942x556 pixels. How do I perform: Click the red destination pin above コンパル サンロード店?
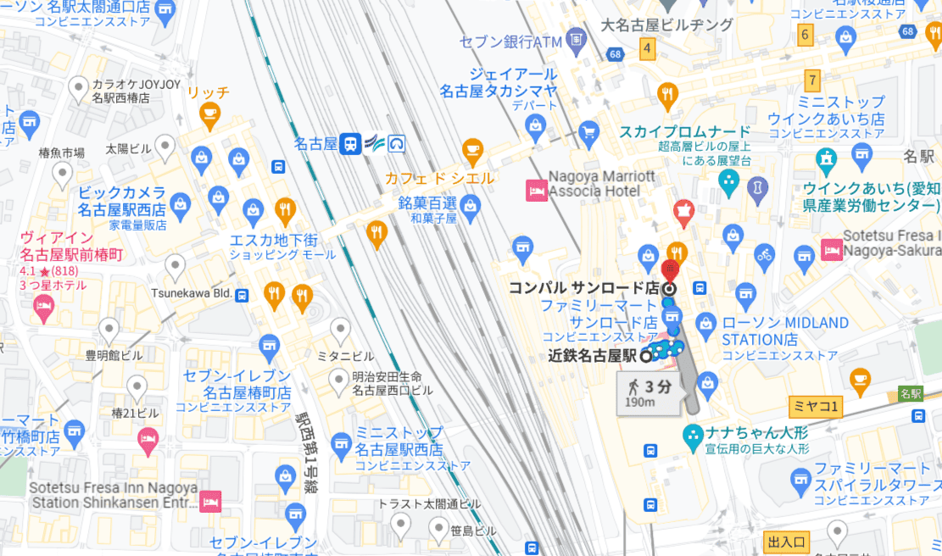pos(670,271)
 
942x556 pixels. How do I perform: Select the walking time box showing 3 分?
pos(649,393)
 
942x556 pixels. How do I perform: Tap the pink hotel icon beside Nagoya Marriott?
pos(536,190)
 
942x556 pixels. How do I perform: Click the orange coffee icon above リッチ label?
pos(209,113)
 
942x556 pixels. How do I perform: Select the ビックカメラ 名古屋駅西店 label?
pos(122,200)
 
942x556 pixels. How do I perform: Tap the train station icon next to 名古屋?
pos(349,143)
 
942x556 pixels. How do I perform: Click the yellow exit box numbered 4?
pos(648,48)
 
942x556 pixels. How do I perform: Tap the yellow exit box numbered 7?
pos(813,81)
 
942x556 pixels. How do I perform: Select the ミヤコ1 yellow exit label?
pos(814,408)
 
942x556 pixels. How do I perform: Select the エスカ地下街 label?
pos(273,239)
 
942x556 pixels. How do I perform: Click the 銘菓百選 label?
pos(427,203)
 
